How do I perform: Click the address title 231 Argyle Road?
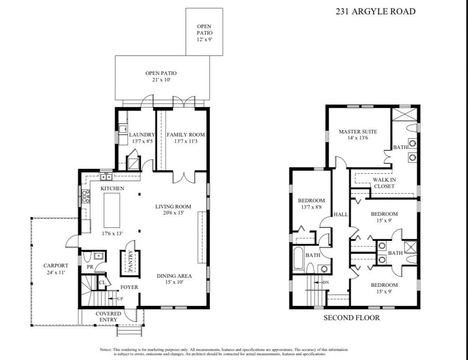(375, 12)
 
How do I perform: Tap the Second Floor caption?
(352, 317)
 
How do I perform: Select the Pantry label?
(130, 262)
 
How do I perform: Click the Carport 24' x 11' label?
(56, 269)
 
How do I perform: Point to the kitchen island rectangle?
(112, 210)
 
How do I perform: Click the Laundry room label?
(142, 135)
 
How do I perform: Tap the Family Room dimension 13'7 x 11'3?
(186, 141)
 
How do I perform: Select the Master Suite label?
(358, 131)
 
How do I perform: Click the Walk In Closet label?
(385, 183)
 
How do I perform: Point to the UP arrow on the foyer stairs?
(112, 299)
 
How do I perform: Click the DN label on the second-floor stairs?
(326, 282)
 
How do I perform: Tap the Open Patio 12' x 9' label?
(204, 33)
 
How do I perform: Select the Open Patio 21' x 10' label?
(161, 76)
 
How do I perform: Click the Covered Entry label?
(108, 317)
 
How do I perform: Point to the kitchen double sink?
(106, 177)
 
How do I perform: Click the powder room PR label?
(90, 267)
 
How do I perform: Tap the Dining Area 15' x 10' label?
(174, 279)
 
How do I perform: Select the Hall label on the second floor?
(341, 215)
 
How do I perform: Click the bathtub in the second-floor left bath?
(298, 258)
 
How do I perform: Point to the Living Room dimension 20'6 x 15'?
(173, 213)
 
